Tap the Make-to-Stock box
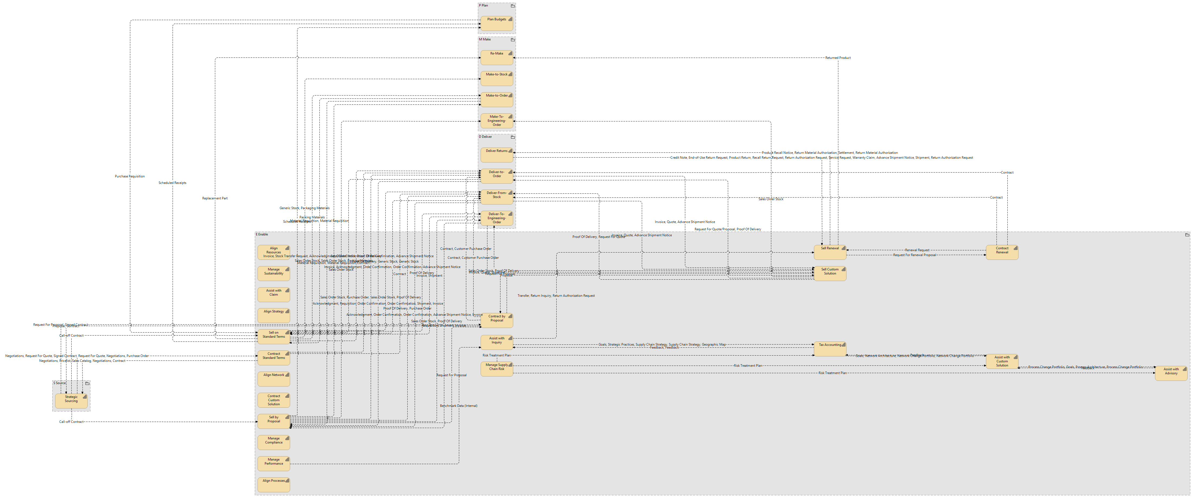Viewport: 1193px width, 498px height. click(496, 78)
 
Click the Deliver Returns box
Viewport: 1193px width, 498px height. click(496, 155)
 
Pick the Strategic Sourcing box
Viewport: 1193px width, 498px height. click(71, 401)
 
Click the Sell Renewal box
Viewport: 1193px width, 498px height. click(830, 252)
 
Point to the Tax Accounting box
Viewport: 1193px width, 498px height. click(830, 349)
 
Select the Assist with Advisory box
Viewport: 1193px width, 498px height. click(1171, 373)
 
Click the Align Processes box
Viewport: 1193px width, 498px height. click(274, 485)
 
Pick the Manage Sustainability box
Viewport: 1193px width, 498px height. click(274, 273)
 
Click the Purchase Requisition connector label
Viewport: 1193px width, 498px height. click(130, 176)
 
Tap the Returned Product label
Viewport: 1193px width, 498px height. click(838, 58)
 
